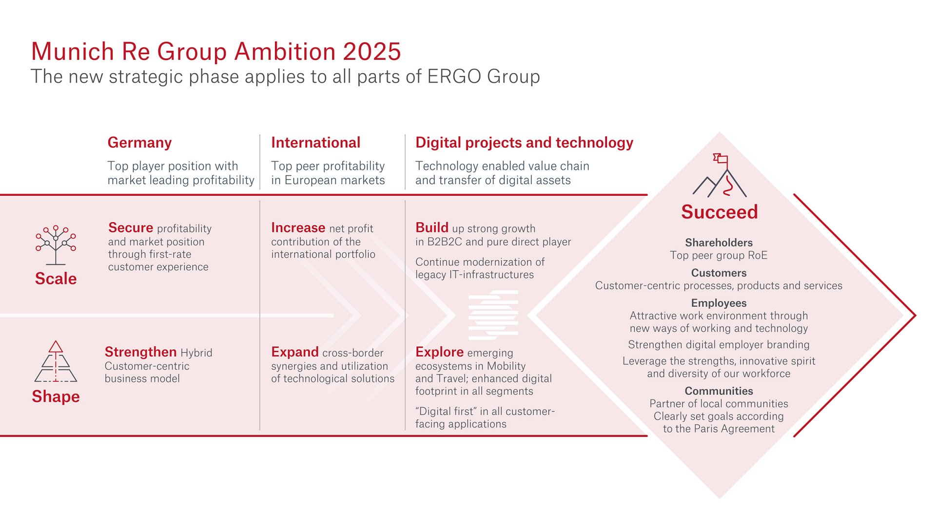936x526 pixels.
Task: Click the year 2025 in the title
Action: point(371,52)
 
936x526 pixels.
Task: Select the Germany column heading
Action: point(139,143)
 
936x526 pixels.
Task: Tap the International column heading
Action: point(315,143)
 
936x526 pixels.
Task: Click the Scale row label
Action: point(56,279)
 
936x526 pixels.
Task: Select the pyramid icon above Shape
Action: point(56,361)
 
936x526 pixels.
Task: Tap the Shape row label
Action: point(56,396)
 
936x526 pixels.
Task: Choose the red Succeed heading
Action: point(719,212)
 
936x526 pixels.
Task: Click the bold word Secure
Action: point(131,228)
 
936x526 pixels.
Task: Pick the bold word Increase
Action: point(298,228)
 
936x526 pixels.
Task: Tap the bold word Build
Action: point(431,228)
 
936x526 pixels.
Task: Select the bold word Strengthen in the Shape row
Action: point(140,352)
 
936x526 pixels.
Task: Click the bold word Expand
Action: point(294,352)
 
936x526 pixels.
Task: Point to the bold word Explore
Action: point(439,352)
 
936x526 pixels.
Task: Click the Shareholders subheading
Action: point(719,243)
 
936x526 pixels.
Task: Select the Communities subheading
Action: point(719,391)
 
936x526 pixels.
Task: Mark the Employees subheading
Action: point(719,303)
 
